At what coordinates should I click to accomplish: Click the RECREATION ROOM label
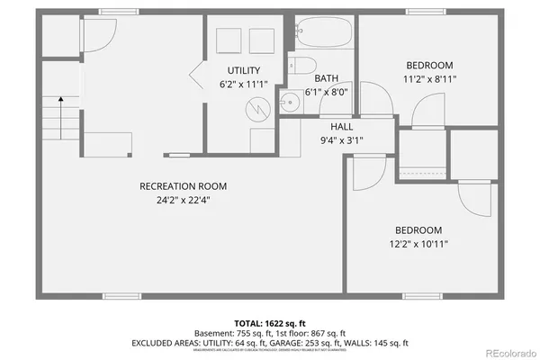pos(183,186)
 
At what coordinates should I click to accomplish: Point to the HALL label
pos(341,127)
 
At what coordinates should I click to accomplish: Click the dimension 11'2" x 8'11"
pos(429,78)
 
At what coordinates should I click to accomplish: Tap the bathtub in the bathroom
pos(324,33)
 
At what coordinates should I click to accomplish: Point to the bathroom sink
pos(290,101)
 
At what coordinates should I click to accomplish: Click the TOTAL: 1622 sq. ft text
pos(270,321)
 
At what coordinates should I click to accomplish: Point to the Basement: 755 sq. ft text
pos(230,332)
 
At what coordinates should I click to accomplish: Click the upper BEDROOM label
pos(429,66)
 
